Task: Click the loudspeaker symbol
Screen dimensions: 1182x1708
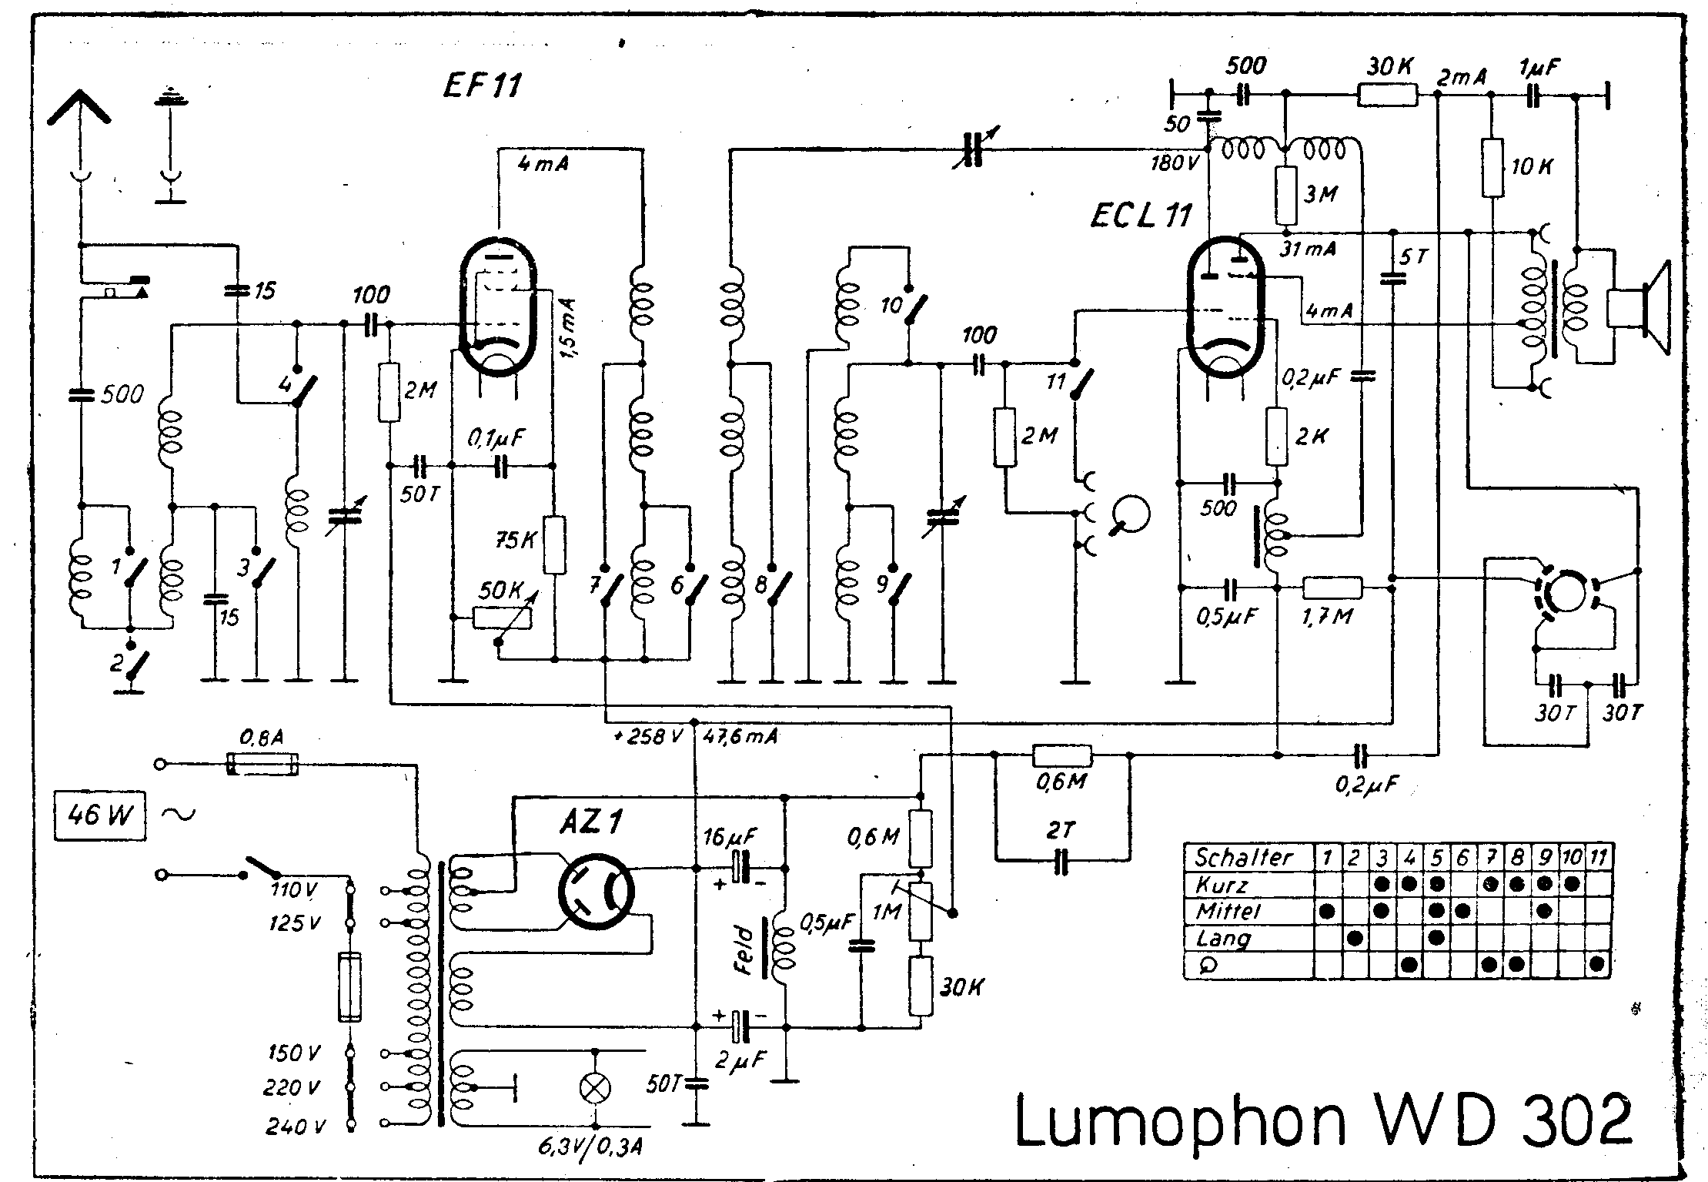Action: click(1639, 309)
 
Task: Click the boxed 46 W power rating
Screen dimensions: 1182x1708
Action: click(99, 813)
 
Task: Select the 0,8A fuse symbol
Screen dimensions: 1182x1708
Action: click(262, 765)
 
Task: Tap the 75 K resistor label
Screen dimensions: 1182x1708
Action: click(516, 540)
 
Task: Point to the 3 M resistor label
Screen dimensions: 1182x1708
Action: click(1321, 194)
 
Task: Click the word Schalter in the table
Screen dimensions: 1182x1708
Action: click(1242, 857)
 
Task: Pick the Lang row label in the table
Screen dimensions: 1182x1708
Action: click(1222, 938)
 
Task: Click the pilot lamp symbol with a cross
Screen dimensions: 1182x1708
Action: click(594, 1087)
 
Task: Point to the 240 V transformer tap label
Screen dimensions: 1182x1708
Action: click(296, 1127)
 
